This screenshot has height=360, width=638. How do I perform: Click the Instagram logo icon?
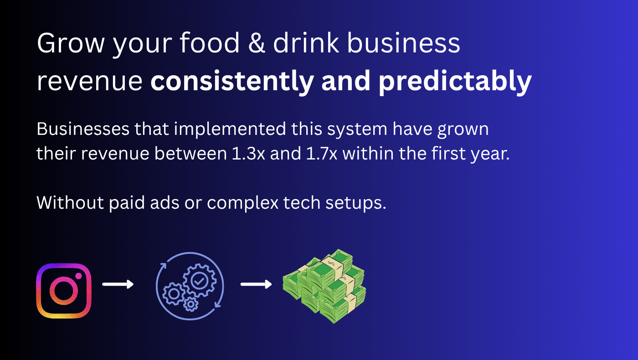pos(64,291)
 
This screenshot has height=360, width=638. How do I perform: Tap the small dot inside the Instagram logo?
pos(78,276)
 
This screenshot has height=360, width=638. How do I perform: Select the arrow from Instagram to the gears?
pos(118,284)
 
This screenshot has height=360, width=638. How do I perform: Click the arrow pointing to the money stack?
pos(256,284)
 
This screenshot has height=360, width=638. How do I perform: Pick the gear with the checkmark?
pos(200,281)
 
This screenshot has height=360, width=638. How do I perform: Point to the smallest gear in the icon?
pos(191,304)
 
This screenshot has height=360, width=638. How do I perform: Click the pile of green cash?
pos(324,286)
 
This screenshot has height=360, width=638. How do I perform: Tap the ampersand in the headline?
pos(257,43)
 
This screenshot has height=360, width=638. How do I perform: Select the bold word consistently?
pos(232,82)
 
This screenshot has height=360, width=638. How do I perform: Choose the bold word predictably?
pos(455,82)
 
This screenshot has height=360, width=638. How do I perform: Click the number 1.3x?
pos(248,154)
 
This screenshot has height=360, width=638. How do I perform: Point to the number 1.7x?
pos(322,154)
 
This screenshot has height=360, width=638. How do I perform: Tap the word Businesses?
pos(83,129)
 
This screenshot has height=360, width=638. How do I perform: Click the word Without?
pos(70,203)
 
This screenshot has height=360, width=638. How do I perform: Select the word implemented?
pos(230,129)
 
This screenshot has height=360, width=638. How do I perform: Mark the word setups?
pos(356,203)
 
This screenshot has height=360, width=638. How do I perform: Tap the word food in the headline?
pos(210,43)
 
